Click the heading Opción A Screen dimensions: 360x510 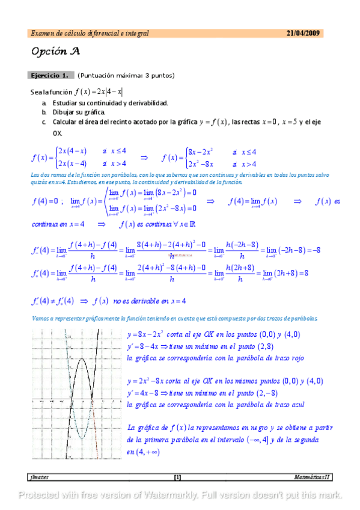click(x=55, y=52)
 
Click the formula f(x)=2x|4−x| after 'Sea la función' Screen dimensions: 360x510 click(x=99, y=92)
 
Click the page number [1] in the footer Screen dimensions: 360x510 click(x=177, y=478)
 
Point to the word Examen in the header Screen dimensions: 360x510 click(x=41, y=34)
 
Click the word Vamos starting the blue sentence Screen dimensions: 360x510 click(x=41, y=318)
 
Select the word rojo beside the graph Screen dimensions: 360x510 click(x=295, y=358)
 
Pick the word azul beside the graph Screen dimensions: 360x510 click(x=294, y=405)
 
